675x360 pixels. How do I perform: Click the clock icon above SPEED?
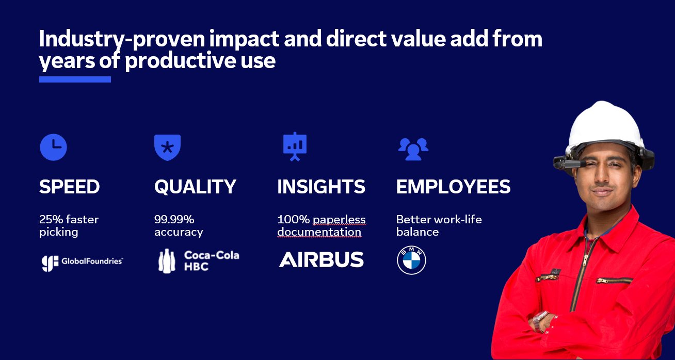pos(53,148)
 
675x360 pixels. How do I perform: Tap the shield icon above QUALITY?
pos(167,148)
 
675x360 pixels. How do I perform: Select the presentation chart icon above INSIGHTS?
pos(295,146)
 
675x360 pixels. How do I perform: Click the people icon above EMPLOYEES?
pos(413,149)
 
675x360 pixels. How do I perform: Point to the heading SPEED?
pos(69,187)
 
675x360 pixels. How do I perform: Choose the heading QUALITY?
pos(195,187)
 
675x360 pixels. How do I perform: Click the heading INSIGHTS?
pos(321,187)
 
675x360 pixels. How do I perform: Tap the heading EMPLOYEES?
pos(453,187)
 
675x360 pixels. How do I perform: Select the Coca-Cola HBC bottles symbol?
pos(167,261)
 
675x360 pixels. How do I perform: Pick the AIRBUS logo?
pos(321,259)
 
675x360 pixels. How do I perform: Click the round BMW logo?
pos(411,260)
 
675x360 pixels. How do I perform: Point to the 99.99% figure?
pos(174,219)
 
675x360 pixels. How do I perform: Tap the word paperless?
pos(340,220)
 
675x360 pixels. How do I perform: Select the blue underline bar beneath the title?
pos(75,79)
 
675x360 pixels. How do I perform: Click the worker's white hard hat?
pos(605,126)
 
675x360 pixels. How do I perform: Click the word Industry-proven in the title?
pos(122,39)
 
